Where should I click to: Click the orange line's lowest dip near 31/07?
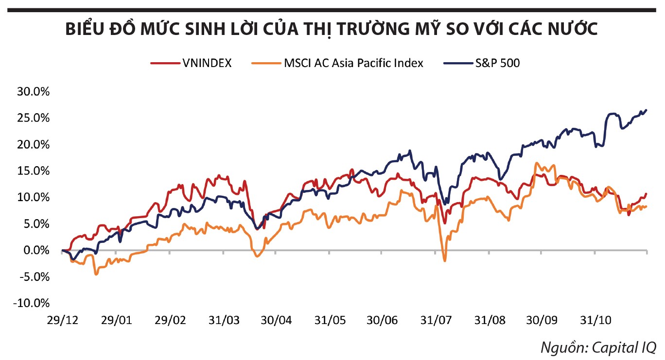click(444, 261)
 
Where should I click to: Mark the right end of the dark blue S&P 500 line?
click(646, 110)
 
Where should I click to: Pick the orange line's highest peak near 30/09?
click(537, 163)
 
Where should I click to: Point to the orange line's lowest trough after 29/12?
click(96, 274)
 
